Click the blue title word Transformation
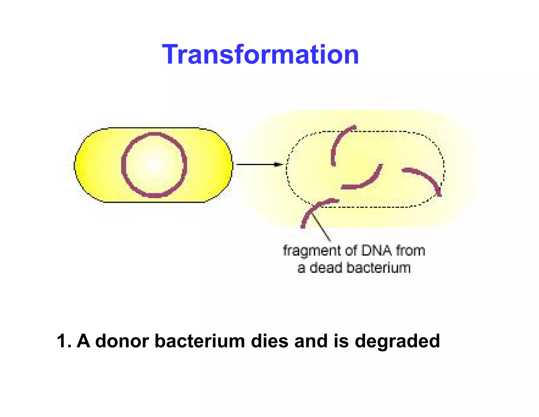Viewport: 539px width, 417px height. point(261,55)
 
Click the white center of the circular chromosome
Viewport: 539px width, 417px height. point(154,165)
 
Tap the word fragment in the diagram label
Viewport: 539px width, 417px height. point(312,251)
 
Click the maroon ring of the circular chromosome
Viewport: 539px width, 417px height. point(124,165)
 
